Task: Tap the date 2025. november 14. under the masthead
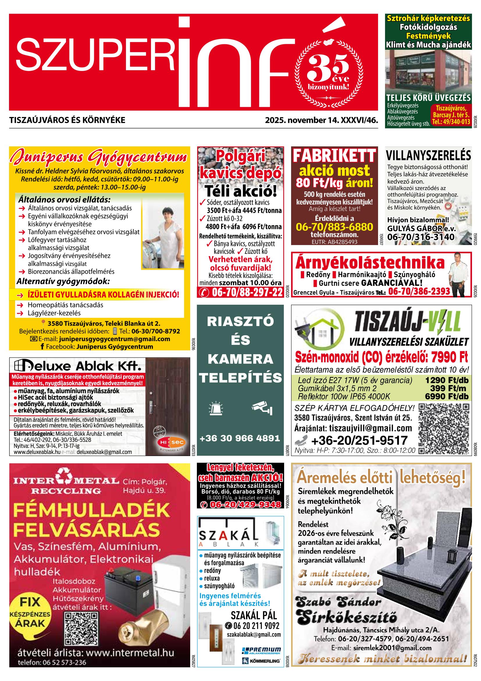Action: coord(302,120)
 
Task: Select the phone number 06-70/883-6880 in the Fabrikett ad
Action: coord(334,227)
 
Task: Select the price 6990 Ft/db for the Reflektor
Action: coord(447,397)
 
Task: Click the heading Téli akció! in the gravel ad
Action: coord(240,191)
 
